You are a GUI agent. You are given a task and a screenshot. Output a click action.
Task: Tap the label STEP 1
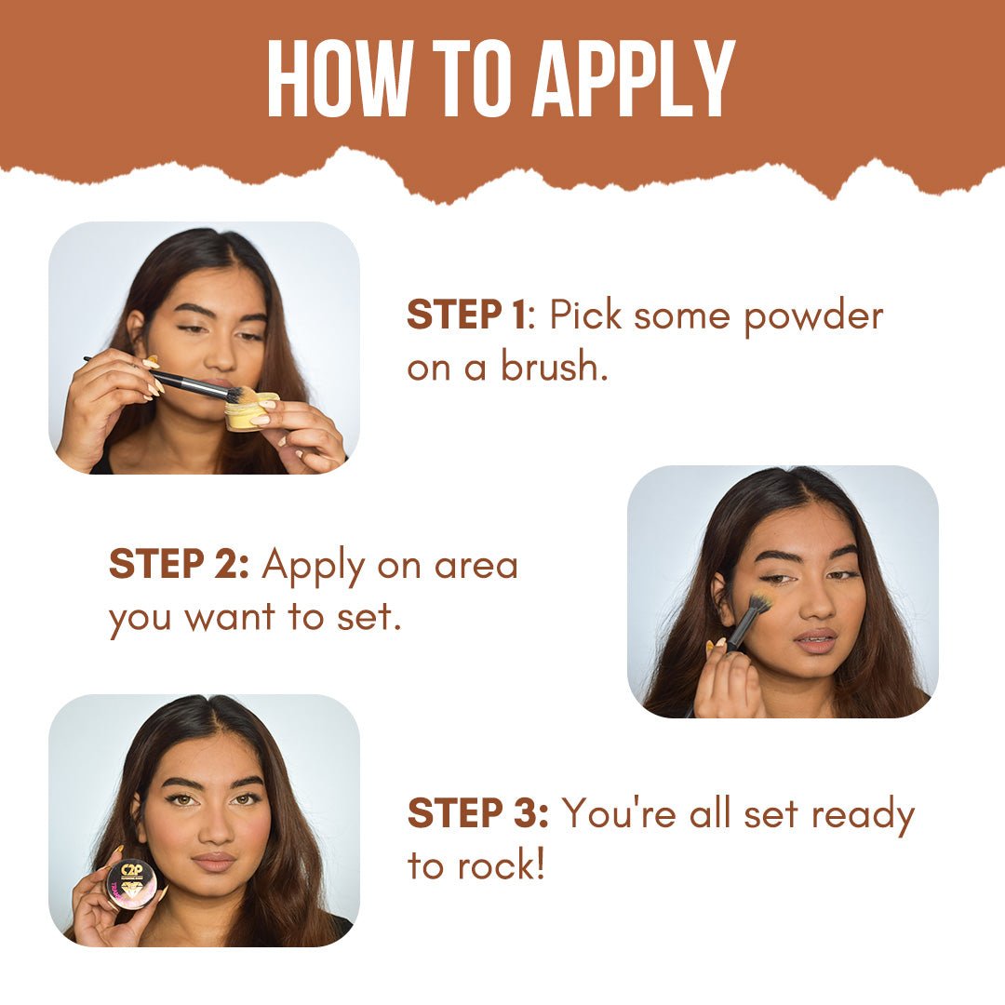465,316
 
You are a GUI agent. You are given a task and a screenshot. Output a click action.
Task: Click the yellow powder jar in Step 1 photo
251,412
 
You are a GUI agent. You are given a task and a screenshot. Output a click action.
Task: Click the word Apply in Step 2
315,565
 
